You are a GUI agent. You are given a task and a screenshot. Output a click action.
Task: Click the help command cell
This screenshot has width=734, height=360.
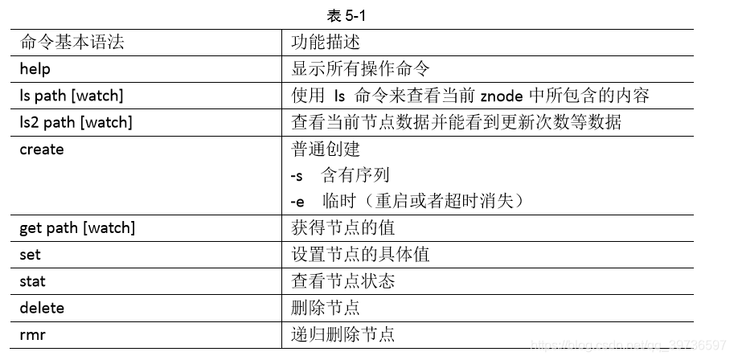[35, 69]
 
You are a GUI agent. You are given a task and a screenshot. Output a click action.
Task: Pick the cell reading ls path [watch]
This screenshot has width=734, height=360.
[72, 96]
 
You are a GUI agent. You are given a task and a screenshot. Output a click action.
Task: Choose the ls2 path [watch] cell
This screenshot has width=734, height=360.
[76, 123]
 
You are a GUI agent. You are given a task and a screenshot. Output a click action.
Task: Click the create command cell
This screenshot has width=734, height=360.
[42, 149]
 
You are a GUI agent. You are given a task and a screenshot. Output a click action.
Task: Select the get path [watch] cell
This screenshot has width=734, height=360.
[77, 228]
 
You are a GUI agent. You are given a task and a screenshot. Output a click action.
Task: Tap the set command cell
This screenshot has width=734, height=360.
[30, 255]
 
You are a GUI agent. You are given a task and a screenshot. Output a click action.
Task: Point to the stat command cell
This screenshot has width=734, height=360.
[33, 281]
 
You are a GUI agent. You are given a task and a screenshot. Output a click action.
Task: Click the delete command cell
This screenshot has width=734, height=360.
[42, 308]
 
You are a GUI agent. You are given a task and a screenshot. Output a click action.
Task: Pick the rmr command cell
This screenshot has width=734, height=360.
[32, 334]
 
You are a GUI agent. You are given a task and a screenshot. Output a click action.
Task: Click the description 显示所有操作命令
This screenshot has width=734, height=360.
[360, 69]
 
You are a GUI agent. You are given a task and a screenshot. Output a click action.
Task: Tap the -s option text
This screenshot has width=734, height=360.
[297, 175]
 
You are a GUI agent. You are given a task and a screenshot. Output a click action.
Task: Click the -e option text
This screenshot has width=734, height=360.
[297, 202]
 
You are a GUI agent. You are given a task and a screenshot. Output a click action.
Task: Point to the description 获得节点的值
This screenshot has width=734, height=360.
[342, 228]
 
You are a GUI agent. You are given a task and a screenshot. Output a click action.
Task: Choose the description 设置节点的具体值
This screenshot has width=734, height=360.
[360, 255]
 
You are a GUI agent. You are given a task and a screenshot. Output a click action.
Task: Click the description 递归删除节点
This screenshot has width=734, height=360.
[342, 334]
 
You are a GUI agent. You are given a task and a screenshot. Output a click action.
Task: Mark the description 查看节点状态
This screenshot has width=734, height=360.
[342, 281]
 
